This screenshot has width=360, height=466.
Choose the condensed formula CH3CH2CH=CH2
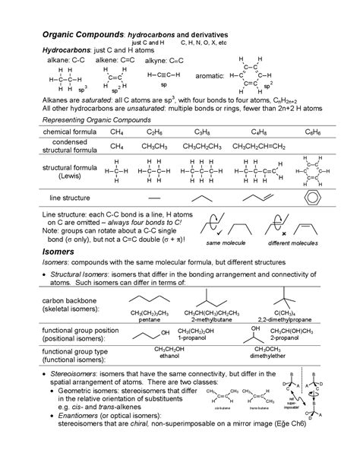(x=259, y=146)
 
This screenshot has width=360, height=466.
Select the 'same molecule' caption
(x=223, y=242)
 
